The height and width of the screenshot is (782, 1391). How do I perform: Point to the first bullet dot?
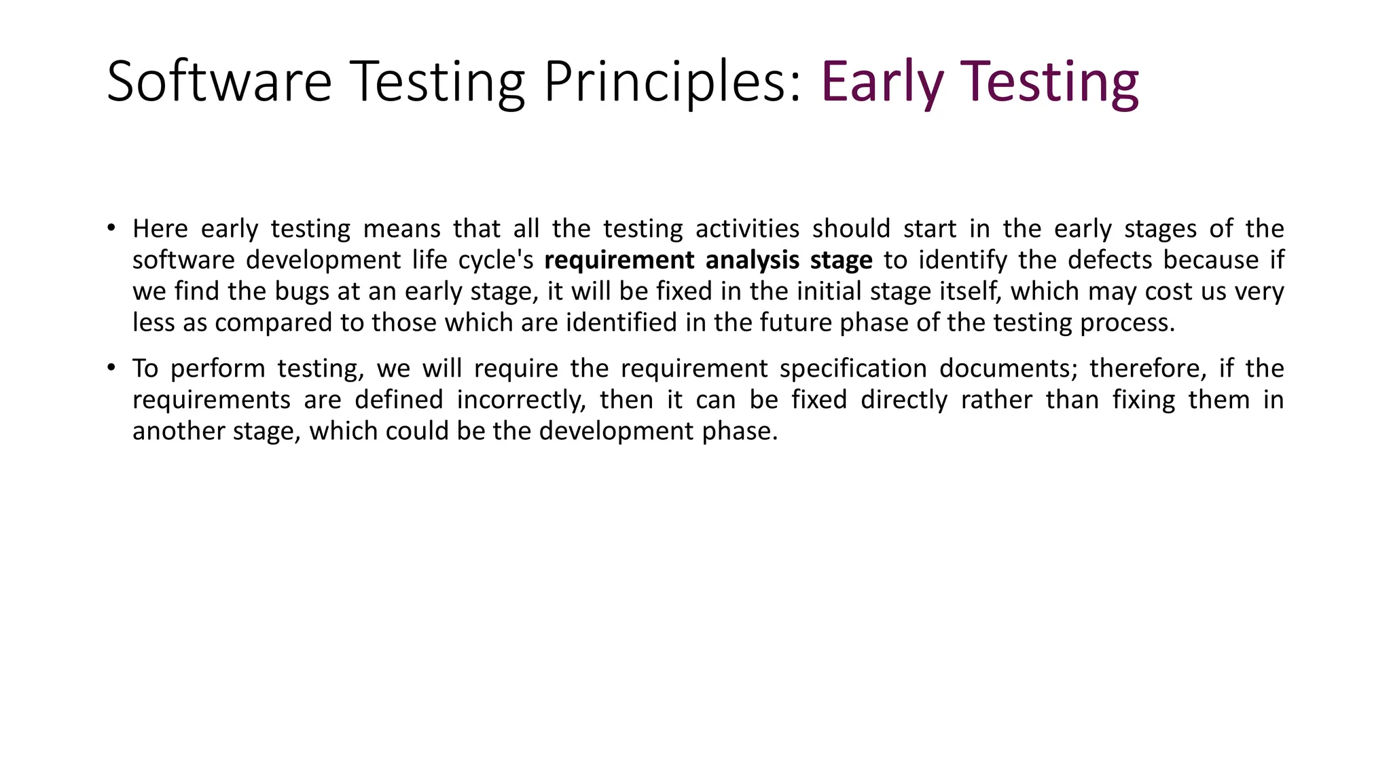(x=111, y=227)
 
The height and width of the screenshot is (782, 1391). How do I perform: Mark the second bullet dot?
(x=111, y=367)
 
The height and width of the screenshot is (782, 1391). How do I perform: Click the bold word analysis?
(x=753, y=261)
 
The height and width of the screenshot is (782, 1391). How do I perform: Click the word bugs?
(x=302, y=292)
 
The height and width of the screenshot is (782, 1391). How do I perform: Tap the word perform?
(x=217, y=369)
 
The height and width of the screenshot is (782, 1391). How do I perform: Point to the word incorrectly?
(x=521, y=400)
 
